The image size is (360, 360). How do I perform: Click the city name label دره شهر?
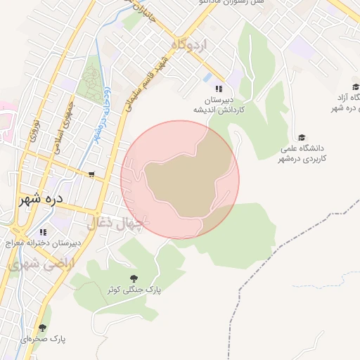[40, 199]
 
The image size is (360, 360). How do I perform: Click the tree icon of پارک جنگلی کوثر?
[134, 278]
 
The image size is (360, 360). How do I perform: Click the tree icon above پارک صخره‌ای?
[42, 328]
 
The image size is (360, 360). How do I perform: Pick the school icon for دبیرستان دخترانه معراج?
[43, 231]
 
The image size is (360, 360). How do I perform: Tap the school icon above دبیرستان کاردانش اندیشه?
[219, 89]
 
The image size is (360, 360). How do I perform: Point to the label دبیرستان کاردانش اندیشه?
[219, 105]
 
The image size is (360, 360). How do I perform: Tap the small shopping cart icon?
[91, 174]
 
